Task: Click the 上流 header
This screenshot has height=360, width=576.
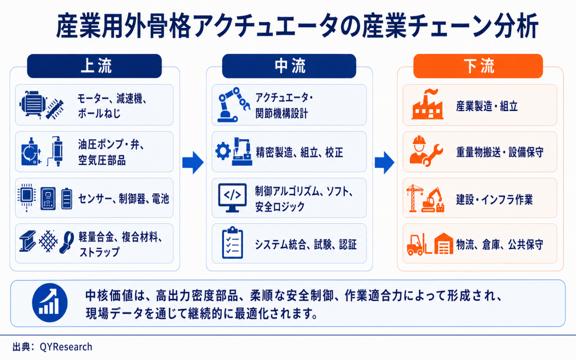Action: click(94, 66)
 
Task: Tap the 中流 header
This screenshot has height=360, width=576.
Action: click(289, 66)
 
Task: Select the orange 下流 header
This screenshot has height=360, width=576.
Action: click(478, 66)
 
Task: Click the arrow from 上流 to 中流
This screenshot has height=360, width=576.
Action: click(193, 163)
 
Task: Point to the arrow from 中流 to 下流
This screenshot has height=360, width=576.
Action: click(384, 163)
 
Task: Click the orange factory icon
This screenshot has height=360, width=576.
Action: click(427, 104)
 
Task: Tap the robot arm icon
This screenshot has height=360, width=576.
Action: click(233, 104)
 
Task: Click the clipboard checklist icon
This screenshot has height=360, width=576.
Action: click(232, 242)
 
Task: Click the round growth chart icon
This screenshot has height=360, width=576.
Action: click(50, 303)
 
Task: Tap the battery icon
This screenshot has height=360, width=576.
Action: click(67, 199)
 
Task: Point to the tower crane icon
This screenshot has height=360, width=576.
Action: click(414, 198)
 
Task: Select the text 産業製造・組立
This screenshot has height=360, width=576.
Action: click(487, 106)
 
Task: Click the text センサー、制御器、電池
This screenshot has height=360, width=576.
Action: click(123, 199)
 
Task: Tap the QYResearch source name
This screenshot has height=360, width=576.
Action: click(66, 347)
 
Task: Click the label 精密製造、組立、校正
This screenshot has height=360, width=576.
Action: click(299, 152)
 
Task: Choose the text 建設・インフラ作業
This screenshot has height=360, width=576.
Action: click(494, 199)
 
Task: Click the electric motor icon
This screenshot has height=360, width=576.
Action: click(33, 104)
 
